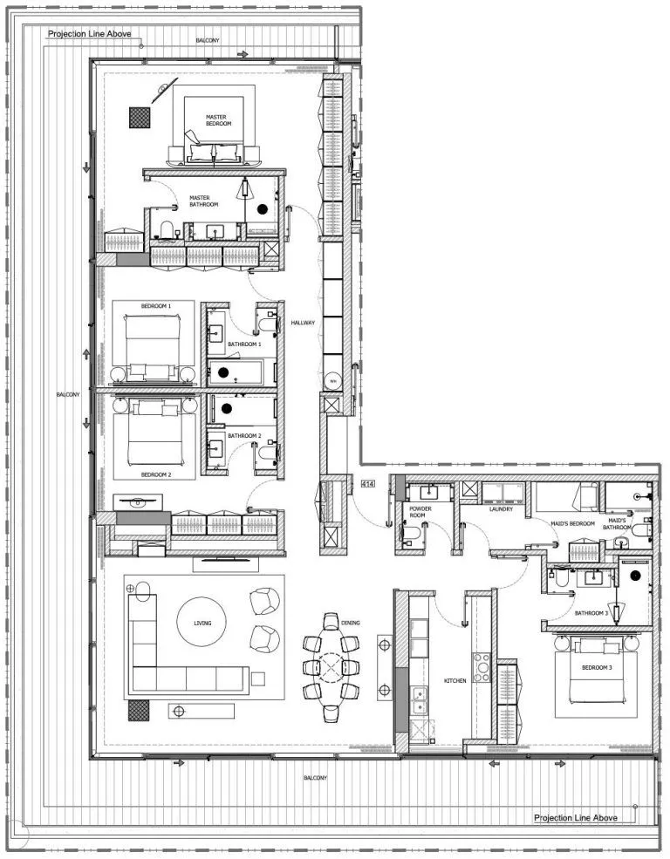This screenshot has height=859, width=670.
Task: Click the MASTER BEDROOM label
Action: point(218,120)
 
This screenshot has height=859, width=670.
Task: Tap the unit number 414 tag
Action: point(368,483)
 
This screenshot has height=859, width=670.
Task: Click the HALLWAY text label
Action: point(303,323)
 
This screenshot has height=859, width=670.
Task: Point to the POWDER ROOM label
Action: point(421,512)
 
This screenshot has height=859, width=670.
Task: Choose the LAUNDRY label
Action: point(501,509)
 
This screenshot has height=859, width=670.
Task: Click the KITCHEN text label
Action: point(455,679)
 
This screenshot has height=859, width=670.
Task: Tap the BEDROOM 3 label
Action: point(597,668)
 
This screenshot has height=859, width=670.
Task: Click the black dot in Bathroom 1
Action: point(223,372)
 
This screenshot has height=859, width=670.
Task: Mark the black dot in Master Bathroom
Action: point(262,208)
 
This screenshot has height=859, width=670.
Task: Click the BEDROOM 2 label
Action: point(156,474)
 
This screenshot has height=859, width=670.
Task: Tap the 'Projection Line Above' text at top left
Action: point(89,34)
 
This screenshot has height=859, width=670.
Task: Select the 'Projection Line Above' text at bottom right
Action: point(575,818)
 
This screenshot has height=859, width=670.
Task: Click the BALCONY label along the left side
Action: point(69,394)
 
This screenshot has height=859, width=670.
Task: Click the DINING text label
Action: point(351,623)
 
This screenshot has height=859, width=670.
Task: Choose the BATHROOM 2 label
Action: point(244,435)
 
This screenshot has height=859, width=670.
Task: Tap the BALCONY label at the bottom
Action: point(315,777)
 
